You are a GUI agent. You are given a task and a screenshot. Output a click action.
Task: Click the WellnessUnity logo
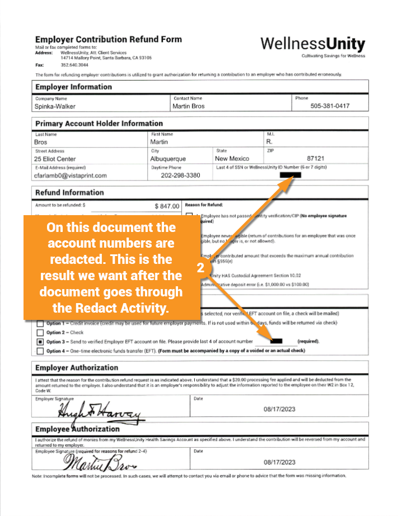[x=312, y=45]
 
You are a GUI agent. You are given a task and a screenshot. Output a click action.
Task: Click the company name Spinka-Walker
[x=55, y=106]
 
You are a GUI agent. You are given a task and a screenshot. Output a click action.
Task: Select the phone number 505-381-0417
[x=330, y=106]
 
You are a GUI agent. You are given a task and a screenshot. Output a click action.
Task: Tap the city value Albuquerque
[x=168, y=159]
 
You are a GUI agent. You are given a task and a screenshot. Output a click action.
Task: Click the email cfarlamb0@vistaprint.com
[x=71, y=175]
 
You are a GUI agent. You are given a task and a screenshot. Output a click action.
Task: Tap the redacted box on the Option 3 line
[x=275, y=341]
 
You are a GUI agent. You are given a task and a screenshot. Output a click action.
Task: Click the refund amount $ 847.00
[x=167, y=206]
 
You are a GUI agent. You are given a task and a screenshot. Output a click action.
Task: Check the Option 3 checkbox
[x=40, y=341]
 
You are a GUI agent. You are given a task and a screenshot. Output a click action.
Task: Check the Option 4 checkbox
[x=40, y=351]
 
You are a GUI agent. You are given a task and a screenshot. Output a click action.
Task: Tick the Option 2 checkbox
[x=40, y=332]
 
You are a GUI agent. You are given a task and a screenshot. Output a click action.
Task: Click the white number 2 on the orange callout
[x=200, y=268]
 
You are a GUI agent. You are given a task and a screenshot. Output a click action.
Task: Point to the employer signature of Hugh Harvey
[x=99, y=413]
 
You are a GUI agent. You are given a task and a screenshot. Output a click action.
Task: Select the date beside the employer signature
[x=279, y=410]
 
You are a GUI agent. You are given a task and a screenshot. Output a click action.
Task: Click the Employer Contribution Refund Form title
[x=109, y=39]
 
